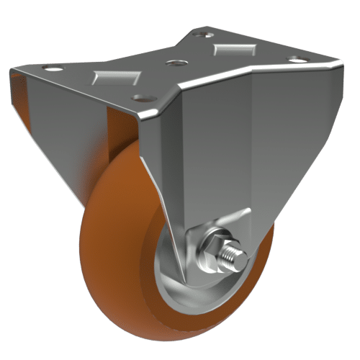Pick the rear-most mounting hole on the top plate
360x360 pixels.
tap(209, 32)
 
